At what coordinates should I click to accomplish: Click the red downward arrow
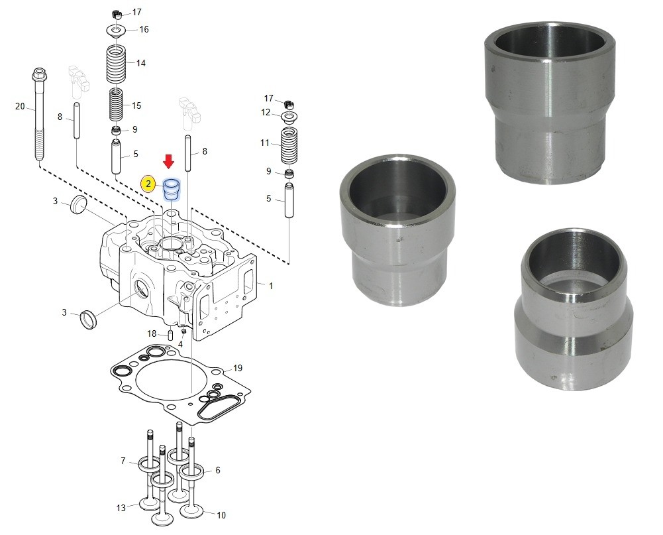point(169,161)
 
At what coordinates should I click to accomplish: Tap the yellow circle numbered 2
point(148,184)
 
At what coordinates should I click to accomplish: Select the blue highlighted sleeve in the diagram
point(172,189)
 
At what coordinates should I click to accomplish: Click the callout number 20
point(20,106)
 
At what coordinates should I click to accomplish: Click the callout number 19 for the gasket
point(238,368)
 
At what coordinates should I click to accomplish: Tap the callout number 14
point(141,63)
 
